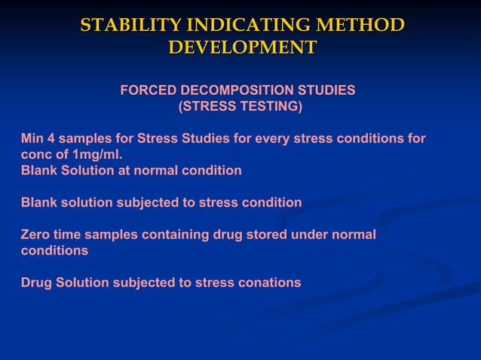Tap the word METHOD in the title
coord(355,26)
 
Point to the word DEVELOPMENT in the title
coord(242,48)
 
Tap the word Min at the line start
coord(32,139)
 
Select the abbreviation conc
coord(35,154)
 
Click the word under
coord(309,235)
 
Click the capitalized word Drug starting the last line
coord(36,283)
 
